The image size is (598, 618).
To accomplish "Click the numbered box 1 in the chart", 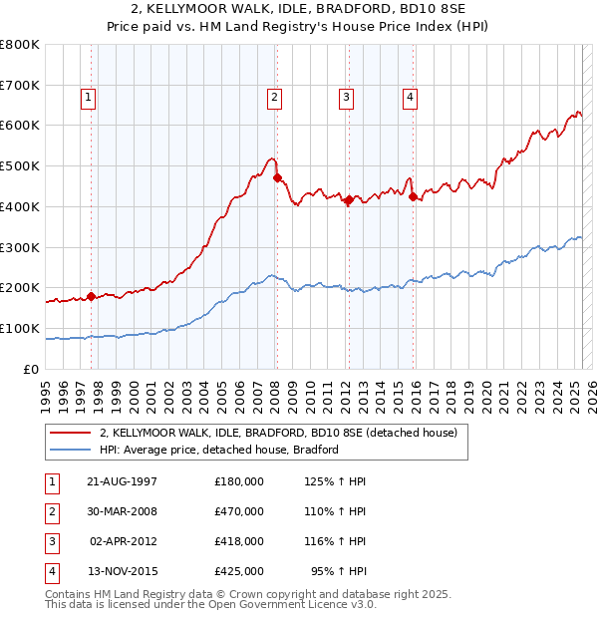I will (89, 97).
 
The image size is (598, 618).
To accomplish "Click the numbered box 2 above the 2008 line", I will (273, 97).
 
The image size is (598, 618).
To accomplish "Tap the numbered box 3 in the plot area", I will (345, 97).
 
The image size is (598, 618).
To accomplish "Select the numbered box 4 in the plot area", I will (410, 97).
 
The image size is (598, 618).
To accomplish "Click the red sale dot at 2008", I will (278, 178).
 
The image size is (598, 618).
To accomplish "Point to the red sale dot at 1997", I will (92, 296).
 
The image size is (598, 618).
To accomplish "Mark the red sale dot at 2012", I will (349, 199).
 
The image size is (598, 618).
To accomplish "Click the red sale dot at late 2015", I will (413, 196).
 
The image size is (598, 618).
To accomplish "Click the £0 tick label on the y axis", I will (32, 369).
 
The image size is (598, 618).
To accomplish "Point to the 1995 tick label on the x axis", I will (46, 394).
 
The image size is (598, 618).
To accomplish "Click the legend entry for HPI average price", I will (219, 450).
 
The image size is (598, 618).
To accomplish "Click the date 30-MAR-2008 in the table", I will (122, 511).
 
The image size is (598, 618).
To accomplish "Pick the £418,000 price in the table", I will (239, 541).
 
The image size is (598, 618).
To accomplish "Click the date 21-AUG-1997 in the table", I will (122, 481).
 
